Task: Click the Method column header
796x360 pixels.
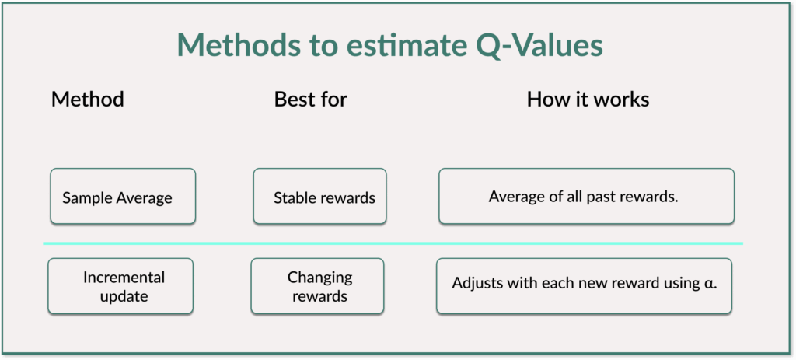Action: click(87, 99)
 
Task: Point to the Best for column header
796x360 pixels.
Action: click(311, 99)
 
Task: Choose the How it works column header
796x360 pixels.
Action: click(588, 99)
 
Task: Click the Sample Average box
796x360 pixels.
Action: click(123, 196)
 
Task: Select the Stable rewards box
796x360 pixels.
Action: click(319, 196)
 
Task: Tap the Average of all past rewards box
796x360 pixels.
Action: click(586, 196)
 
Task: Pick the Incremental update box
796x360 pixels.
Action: click(120, 286)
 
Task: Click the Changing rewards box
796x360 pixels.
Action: click(317, 286)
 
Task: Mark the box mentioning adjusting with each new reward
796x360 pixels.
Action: click(584, 286)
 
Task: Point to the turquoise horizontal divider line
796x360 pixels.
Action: click(393, 243)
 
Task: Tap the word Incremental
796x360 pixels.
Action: click(124, 278)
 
